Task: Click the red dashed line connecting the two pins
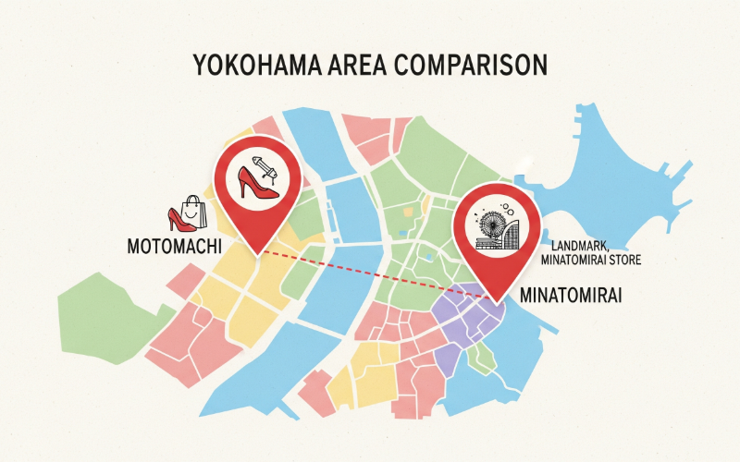pos(379,274)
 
